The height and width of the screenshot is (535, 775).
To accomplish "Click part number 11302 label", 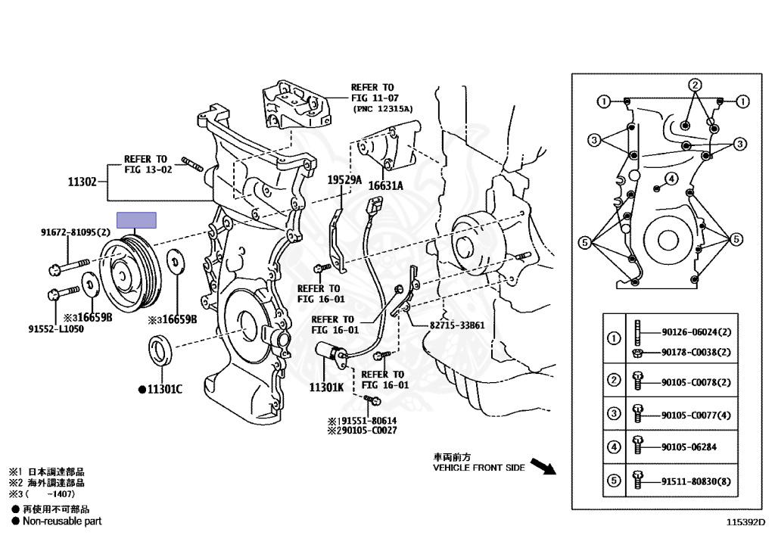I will (x=82, y=182).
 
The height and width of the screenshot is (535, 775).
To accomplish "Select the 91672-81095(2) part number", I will (x=76, y=232).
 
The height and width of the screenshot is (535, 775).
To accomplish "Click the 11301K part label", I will (x=326, y=387).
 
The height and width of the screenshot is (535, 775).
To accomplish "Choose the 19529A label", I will (x=344, y=180).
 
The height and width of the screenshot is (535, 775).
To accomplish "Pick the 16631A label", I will (x=386, y=185).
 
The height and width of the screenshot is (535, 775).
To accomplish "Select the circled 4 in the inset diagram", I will (x=670, y=179).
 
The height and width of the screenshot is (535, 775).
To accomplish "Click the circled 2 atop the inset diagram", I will (x=695, y=85).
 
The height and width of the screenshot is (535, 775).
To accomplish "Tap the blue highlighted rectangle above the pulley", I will (x=141, y=220).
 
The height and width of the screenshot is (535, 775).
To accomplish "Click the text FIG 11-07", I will (x=374, y=98).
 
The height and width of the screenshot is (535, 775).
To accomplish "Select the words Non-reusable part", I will (x=61, y=521).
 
